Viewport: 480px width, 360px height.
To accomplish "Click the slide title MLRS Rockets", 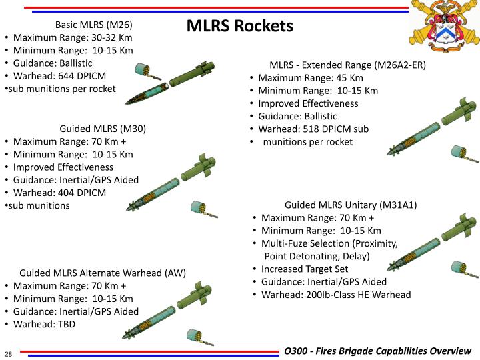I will click(x=239, y=26).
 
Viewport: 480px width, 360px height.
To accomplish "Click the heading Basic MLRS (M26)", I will click(x=99, y=25).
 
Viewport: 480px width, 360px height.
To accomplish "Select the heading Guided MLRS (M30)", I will click(x=103, y=129).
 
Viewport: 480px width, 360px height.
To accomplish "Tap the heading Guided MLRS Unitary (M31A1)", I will click(x=351, y=205).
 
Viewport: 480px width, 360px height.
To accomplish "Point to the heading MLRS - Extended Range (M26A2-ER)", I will click(x=347, y=65).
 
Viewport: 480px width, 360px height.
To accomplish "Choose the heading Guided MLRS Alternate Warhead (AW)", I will click(x=103, y=273).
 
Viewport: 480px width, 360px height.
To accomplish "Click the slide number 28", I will click(x=9, y=353).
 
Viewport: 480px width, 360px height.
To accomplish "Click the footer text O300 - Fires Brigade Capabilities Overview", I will click(x=377, y=351).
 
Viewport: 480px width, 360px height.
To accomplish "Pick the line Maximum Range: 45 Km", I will click(x=301, y=78).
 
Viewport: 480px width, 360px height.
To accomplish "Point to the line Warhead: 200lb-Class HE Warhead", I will click(x=336, y=294).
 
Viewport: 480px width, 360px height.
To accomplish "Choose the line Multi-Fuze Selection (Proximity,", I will click(x=329, y=243).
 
